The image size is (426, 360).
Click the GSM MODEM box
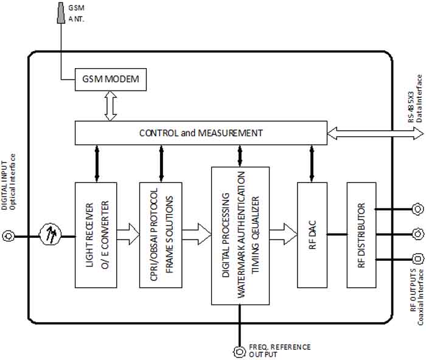point(107,80)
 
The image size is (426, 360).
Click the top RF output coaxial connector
point(417,209)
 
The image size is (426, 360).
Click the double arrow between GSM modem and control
point(110,106)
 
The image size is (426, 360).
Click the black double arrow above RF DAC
point(312,163)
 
